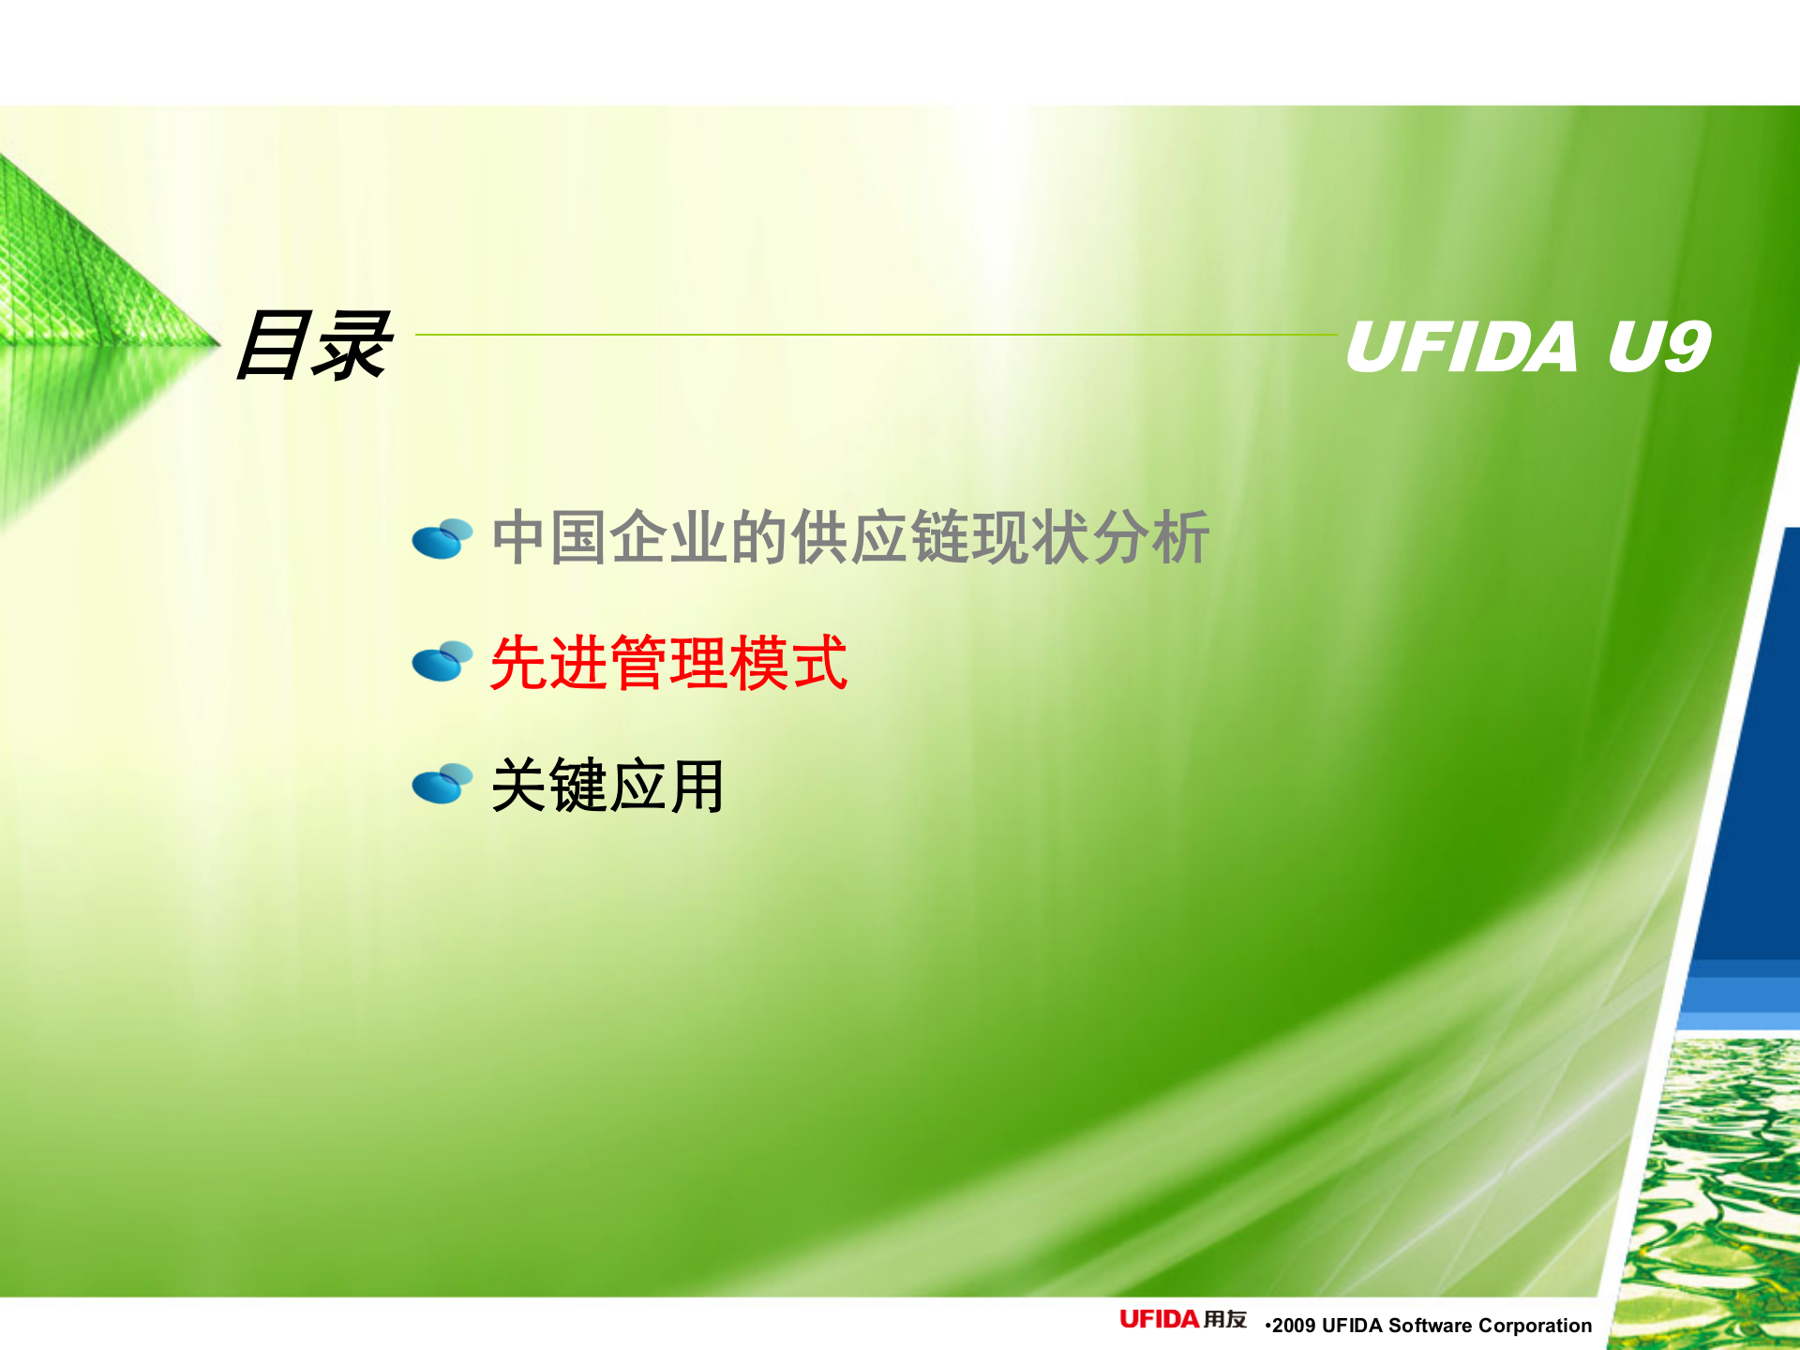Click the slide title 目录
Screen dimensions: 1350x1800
click(312, 346)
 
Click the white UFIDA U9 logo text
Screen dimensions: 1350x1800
click(1527, 347)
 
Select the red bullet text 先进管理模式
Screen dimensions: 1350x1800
click(668, 663)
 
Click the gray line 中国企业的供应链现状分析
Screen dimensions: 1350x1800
click(850, 538)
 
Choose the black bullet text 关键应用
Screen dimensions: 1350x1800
click(607, 786)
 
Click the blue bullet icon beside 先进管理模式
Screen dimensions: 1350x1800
click(442, 662)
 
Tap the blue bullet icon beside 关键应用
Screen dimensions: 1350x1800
click(442, 785)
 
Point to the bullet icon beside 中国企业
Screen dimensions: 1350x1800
click(442, 539)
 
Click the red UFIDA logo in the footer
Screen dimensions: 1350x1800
click(1159, 1320)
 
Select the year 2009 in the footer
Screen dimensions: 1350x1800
click(1294, 1326)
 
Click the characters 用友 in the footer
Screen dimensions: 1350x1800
click(1225, 1320)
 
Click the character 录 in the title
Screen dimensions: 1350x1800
click(352, 346)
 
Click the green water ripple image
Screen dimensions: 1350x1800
click(1716, 1191)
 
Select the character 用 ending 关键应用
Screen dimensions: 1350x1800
click(697, 786)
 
